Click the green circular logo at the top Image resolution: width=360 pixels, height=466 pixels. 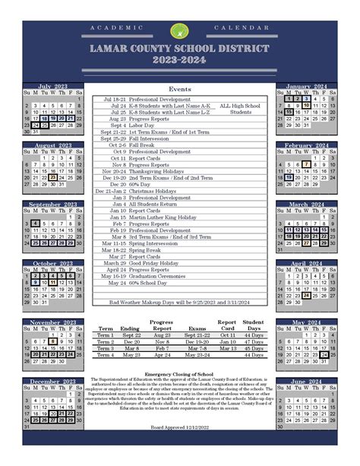point(178,30)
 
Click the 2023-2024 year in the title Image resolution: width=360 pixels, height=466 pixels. point(178,61)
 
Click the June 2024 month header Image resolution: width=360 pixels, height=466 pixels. point(306,381)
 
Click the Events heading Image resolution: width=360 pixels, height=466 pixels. point(179,90)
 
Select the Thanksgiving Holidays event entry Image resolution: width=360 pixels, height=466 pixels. point(156,171)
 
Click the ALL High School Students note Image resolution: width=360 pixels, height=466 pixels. point(240,109)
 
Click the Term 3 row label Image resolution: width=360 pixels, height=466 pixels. point(105,348)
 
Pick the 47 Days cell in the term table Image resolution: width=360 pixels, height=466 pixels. point(254,342)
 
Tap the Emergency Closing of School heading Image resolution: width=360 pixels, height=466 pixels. point(179,374)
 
